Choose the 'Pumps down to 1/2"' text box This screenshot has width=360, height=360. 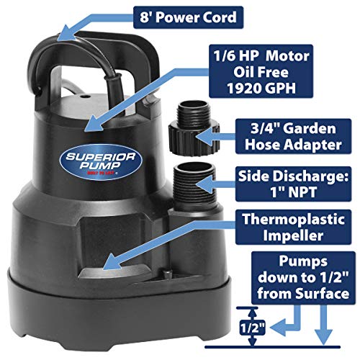coord(306,277)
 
